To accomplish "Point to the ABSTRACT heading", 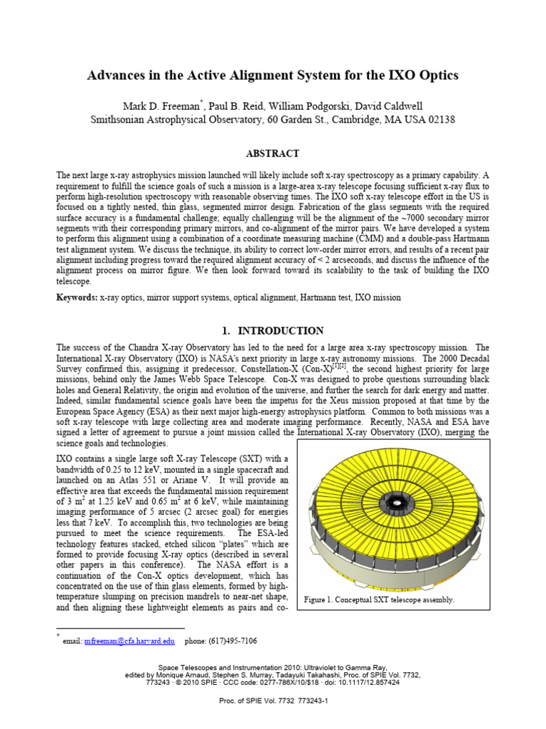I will pyautogui.click(x=272, y=153).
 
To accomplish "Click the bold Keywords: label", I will pyautogui.click(x=80, y=297).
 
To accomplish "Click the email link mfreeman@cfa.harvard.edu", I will pyautogui.click(x=129, y=641).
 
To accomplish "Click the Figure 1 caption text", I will pyautogui.click(x=378, y=599).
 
